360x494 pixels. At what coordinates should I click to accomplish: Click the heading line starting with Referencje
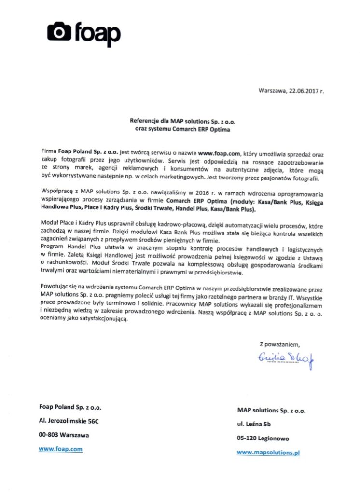[182, 122]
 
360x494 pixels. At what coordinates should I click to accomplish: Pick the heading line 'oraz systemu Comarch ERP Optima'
[182, 129]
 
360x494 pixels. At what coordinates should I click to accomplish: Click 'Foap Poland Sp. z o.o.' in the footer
[70, 407]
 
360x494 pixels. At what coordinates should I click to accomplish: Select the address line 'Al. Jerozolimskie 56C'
[69, 421]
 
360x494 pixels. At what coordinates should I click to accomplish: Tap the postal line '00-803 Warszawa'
[64, 435]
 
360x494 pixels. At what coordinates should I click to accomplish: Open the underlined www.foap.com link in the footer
[60, 449]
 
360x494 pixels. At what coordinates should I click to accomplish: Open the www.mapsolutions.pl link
[268, 453]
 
